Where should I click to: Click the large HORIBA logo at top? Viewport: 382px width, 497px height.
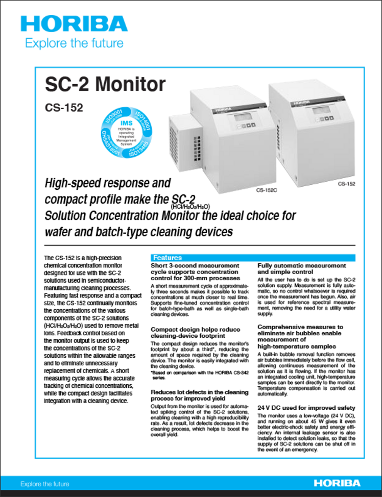[74, 23]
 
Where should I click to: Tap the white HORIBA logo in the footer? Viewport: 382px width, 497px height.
[337, 483]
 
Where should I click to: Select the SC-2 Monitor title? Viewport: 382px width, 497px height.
[105, 84]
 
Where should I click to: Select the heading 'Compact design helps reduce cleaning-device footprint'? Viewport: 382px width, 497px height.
[195, 333]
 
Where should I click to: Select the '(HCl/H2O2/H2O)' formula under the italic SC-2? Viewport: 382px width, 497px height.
[190, 207]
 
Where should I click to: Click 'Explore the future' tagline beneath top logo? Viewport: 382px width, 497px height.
[74, 43]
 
